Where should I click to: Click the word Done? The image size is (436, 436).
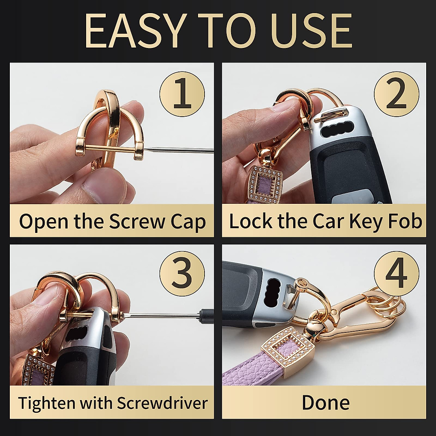click(x=326, y=403)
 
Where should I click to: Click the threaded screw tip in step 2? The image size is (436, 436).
click(x=322, y=117)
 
